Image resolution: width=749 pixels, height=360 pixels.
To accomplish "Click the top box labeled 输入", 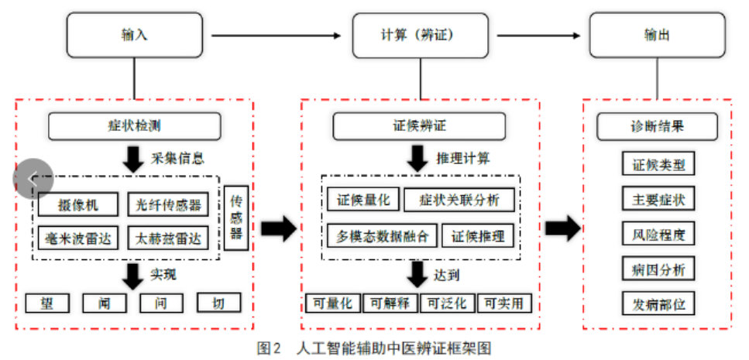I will [134, 35].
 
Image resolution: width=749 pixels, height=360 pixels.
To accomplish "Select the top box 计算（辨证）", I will [421, 35].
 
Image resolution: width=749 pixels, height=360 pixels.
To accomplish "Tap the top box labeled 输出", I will [658, 35].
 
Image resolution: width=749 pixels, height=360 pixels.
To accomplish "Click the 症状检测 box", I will [135, 125].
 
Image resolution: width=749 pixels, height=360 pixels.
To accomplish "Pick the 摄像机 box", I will [77, 204].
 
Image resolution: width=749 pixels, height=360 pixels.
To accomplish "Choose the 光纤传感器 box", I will [168, 204].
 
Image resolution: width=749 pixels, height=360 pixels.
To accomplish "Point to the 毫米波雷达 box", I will [77, 238].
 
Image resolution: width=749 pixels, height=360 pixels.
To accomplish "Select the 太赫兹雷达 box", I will [168, 238].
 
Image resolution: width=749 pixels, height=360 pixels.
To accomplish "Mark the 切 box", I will [218, 302].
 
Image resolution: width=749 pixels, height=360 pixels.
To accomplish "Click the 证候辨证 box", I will [419, 125].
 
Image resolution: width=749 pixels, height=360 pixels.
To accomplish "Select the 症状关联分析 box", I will [459, 200].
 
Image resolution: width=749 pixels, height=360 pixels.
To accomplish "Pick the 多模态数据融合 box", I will [382, 235].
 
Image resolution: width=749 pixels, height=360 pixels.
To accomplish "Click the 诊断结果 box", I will [657, 125].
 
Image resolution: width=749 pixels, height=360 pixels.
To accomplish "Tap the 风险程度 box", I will [658, 233].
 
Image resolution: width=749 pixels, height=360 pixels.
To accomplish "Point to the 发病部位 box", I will [658, 303].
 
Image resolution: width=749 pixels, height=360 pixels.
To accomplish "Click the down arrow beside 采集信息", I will [133, 159].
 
